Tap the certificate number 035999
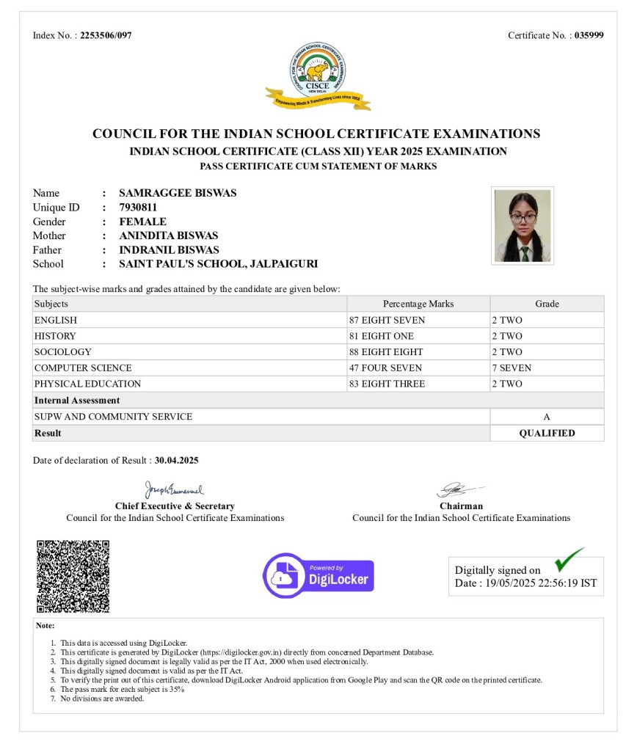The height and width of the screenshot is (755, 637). [589, 35]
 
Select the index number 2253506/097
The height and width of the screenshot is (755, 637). [106, 35]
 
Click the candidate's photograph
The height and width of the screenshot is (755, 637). [522, 226]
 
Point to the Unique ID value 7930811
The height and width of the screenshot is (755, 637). [138, 208]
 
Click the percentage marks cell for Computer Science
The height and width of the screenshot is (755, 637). [418, 368]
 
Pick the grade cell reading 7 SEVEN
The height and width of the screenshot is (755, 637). [547, 368]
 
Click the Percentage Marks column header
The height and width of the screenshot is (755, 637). [418, 304]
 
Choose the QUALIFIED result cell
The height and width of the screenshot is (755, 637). [547, 434]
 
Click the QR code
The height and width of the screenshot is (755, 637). [73, 577]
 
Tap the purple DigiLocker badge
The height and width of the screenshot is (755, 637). [318, 576]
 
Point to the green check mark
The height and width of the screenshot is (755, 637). [569, 559]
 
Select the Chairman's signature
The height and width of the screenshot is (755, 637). [460, 489]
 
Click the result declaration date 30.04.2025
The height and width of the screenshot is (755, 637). [176, 461]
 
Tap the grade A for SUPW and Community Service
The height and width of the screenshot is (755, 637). [547, 417]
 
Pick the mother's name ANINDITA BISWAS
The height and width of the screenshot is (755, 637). [169, 236]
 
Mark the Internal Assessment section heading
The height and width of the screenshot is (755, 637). [77, 401]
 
